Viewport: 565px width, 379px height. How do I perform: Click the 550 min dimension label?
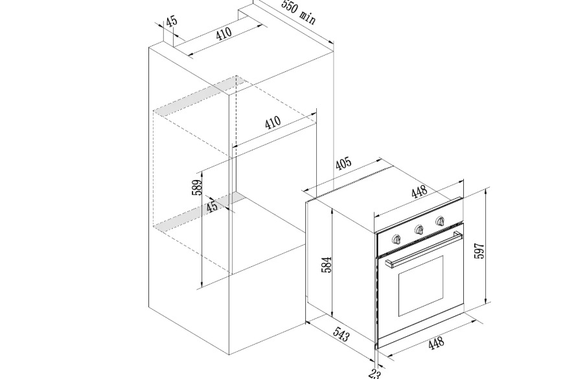[298, 12]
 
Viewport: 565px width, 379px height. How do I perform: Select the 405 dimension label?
[343, 163]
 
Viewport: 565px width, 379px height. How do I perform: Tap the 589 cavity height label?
[197, 187]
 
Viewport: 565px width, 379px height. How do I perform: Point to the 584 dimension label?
[326, 264]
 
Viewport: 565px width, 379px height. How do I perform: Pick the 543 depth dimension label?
[341, 334]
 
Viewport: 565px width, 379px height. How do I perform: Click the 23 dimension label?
[375, 374]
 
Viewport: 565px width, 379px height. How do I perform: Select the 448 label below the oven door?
[436, 343]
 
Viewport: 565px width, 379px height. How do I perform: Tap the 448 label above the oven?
[419, 192]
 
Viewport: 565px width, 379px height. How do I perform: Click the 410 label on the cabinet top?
[224, 34]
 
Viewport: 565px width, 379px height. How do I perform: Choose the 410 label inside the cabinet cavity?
[273, 122]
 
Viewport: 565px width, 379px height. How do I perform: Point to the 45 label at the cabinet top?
[172, 21]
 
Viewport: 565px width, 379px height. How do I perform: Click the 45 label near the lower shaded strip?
[212, 207]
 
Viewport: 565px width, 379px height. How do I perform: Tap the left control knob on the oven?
[397, 239]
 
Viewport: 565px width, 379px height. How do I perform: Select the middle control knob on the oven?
[419, 230]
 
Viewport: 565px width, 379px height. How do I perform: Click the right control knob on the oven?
[440, 221]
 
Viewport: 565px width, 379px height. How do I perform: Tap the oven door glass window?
[421, 286]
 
